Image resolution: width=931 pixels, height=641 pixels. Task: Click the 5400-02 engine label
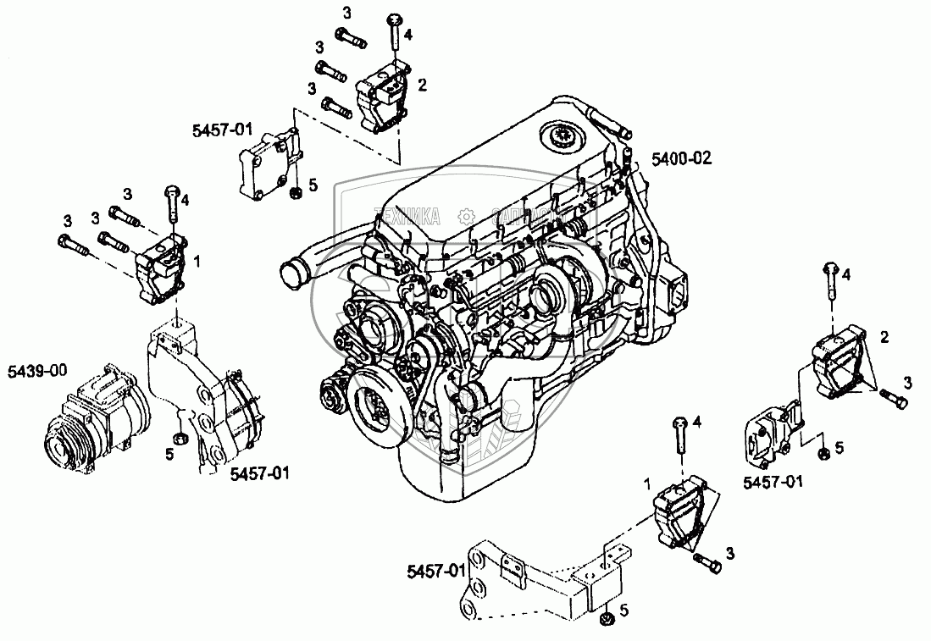pyautogui.click(x=681, y=157)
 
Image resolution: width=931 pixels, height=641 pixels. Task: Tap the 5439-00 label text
pyautogui.click(x=37, y=370)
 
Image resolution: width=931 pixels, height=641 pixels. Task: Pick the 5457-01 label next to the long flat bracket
pyautogui.click(x=435, y=570)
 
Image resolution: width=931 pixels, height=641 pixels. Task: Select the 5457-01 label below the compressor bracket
pyautogui.click(x=259, y=474)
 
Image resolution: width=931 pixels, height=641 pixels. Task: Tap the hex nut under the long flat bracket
pyautogui.click(x=607, y=622)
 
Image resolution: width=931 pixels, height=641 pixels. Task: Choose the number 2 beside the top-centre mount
pyautogui.click(x=423, y=85)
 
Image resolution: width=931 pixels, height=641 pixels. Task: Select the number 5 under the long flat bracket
pyautogui.click(x=624, y=610)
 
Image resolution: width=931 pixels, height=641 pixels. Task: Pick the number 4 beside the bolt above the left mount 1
pyautogui.click(x=185, y=201)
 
